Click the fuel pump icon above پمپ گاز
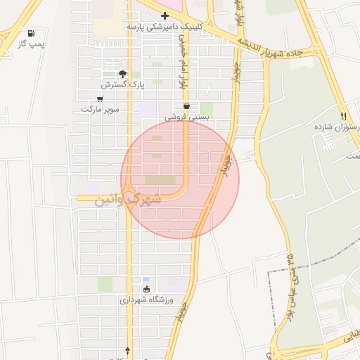(x=30, y=33)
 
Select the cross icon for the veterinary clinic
(x=165, y=15)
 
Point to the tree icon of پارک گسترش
(x=123, y=73)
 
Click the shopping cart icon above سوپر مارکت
(x=101, y=99)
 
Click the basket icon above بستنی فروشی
(x=186, y=106)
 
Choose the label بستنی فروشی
(x=185, y=117)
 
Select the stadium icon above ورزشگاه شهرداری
(x=146, y=288)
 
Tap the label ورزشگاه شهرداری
(x=145, y=300)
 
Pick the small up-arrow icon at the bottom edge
(x=127, y=349)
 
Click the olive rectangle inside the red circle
(x=162, y=181)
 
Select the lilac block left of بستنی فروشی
(x=147, y=110)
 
